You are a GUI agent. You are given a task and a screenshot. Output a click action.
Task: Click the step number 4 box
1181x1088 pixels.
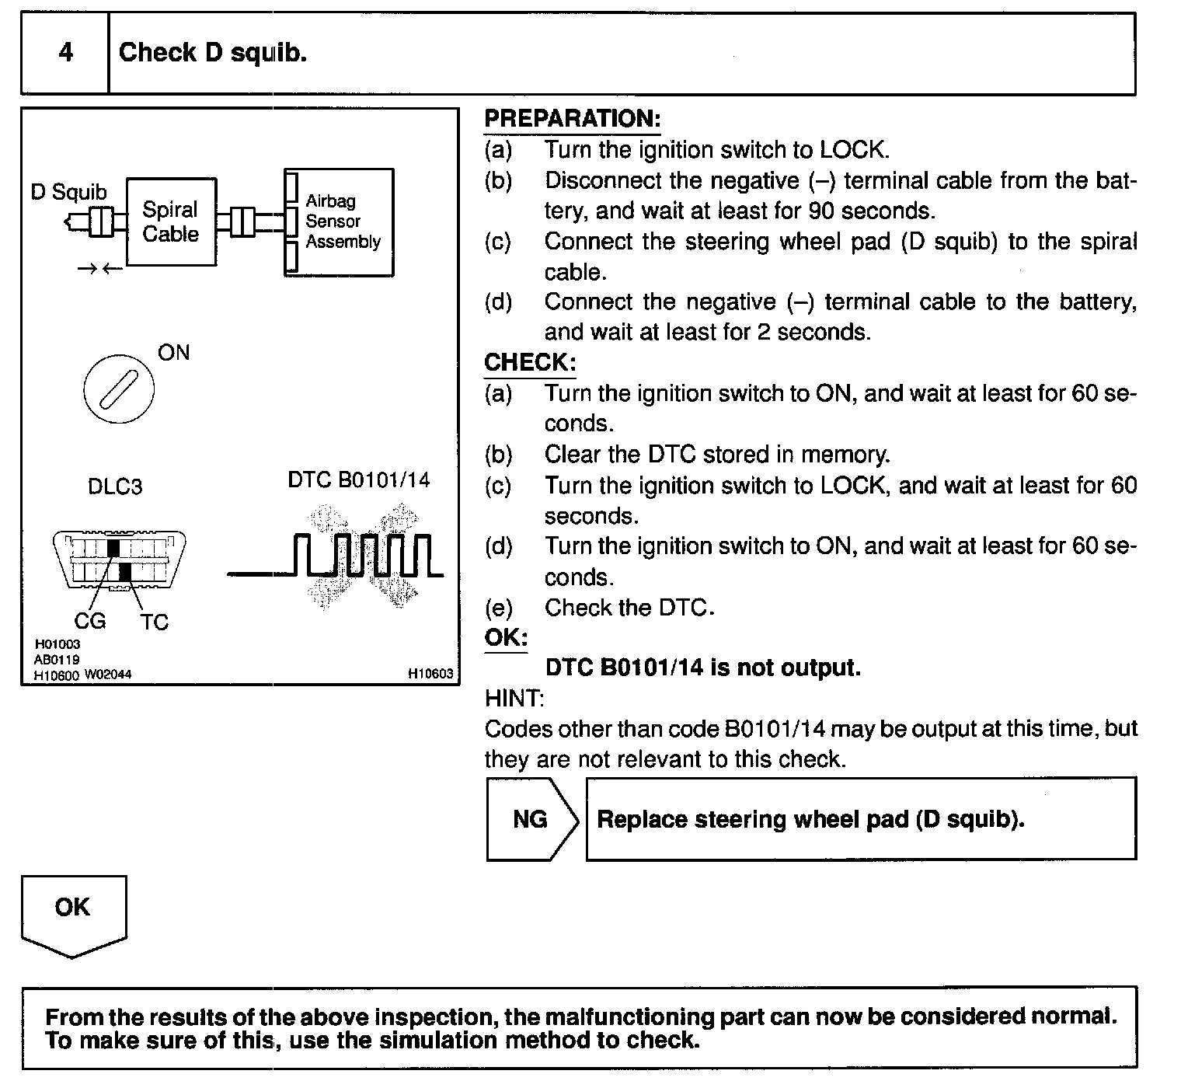pos(65,53)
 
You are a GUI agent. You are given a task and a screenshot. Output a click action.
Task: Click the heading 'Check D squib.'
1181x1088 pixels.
pos(212,53)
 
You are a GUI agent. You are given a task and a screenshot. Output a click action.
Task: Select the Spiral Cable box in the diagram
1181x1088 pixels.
pos(171,221)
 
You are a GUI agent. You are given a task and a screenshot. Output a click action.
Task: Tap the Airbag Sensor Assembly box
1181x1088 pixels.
pos(340,222)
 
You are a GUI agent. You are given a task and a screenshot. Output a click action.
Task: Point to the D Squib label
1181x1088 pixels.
pos(68,192)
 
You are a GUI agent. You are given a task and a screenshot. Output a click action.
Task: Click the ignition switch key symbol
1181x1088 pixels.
pos(118,389)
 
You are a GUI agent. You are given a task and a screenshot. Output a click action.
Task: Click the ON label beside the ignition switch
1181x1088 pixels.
pos(173,353)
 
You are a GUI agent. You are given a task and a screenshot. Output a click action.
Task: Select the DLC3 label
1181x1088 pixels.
pos(115,487)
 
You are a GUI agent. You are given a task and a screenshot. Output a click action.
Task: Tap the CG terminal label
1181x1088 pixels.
pos(90,621)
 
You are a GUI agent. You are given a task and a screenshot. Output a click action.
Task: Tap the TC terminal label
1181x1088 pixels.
pos(155,622)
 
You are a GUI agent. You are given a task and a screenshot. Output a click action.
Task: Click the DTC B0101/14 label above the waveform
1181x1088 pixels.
pos(358,479)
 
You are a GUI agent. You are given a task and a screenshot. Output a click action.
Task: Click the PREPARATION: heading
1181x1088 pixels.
pos(572,119)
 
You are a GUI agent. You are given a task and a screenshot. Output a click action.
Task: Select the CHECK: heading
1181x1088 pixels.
pos(530,362)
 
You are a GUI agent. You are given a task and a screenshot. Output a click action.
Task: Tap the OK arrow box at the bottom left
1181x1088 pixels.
pos(73,913)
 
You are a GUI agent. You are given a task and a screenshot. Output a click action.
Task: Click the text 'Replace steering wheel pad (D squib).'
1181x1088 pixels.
pos(810,820)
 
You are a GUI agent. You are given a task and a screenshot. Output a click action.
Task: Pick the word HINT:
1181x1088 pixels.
pos(514,699)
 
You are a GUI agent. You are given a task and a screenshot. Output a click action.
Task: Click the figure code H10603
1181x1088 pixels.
pos(430,674)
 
